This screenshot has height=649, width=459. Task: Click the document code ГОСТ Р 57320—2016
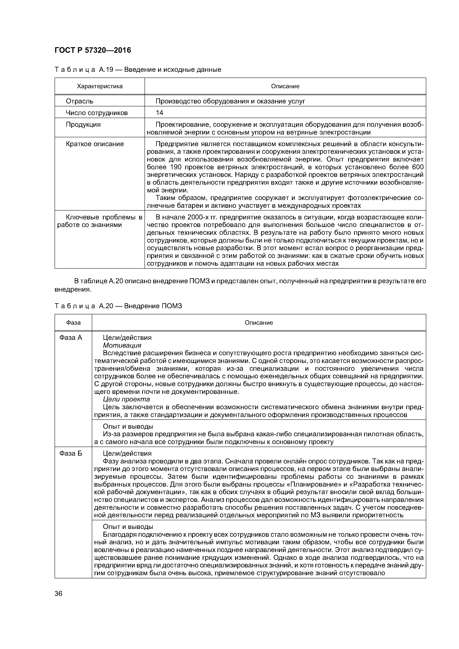pos(93,50)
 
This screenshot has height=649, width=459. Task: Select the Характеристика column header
pos(100,86)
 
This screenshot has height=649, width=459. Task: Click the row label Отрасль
pos(79,101)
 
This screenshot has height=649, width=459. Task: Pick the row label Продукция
pos(83,125)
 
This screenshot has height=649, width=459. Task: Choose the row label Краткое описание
pos(95,144)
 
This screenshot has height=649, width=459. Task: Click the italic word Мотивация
pos(122,345)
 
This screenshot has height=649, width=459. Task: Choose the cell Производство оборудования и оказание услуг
pos(230,101)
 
